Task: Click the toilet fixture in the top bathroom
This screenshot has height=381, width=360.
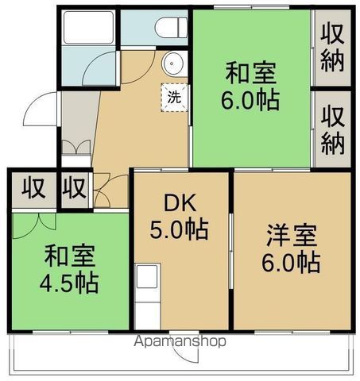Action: coord(172,28)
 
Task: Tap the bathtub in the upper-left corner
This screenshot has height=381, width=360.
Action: coord(88,27)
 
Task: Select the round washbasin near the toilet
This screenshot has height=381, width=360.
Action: coord(172,63)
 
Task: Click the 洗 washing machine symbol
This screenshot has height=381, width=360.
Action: coord(175,98)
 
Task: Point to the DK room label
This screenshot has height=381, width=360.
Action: coord(180,202)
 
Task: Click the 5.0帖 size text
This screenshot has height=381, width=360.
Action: coord(180,229)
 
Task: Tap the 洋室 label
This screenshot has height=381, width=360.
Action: coord(292,235)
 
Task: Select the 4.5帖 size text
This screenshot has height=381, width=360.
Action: coord(69,283)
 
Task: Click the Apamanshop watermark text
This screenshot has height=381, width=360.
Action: coord(180,341)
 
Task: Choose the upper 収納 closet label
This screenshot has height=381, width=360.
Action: coord(332,48)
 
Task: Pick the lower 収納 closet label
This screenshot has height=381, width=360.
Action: coord(333,130)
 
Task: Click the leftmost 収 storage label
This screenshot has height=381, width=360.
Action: coord(33,188)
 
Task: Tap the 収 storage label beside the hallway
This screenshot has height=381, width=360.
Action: coord(75,188)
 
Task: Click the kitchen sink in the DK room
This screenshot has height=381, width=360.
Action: coord(147,276)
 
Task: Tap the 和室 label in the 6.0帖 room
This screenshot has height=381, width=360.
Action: coord(250,72)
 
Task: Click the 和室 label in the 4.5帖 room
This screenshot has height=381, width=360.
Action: coord(70,256)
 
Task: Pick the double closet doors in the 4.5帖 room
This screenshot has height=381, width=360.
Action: coord(34,225)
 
